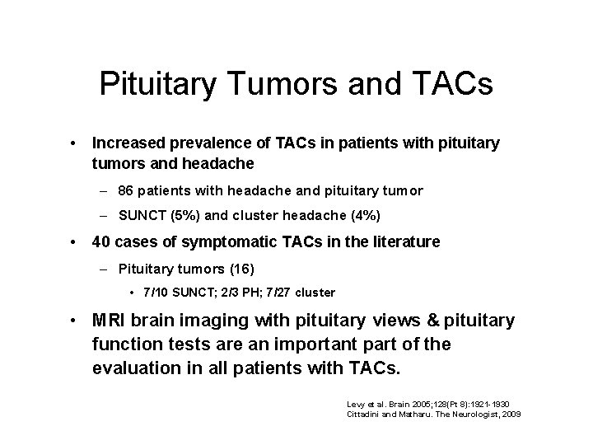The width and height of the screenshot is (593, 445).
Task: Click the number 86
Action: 127,190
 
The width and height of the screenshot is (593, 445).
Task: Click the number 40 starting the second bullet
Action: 102,242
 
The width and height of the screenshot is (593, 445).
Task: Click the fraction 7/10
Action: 156,293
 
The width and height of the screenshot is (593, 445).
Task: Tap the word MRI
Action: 110,320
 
